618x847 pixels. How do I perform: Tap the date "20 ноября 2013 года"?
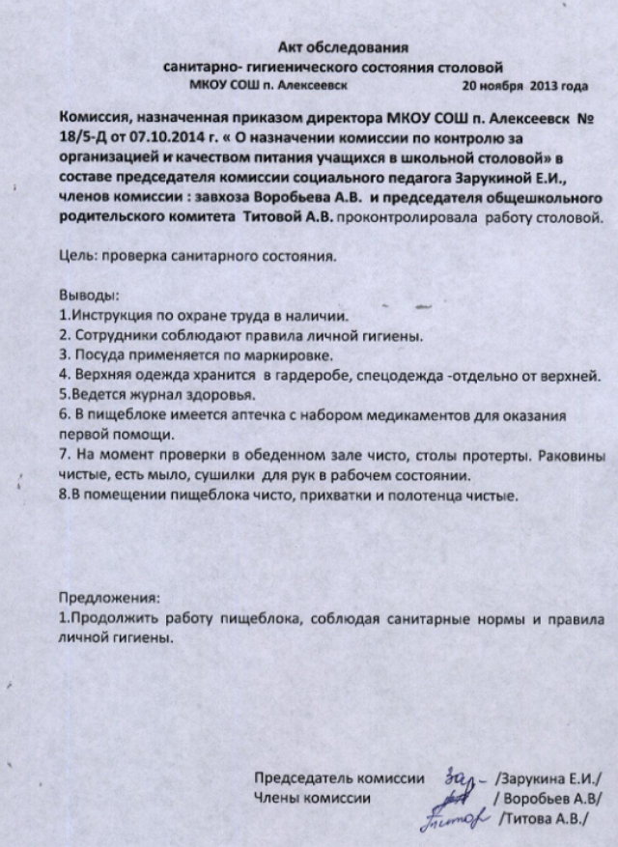coord(525,86)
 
